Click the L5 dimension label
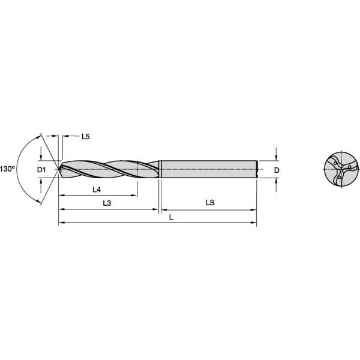[x=86, y=137]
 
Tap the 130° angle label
[x=7, y=169]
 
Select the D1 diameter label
[x=41, y=170]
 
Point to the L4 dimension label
[x=97, y=190]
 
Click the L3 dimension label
[x=107, y=203]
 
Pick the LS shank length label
[x=210, y=203]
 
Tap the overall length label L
[x=171, y=217]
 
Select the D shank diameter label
[x=277, y=170]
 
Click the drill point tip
[x=59, y=169]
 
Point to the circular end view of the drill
[x=341, y=169]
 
